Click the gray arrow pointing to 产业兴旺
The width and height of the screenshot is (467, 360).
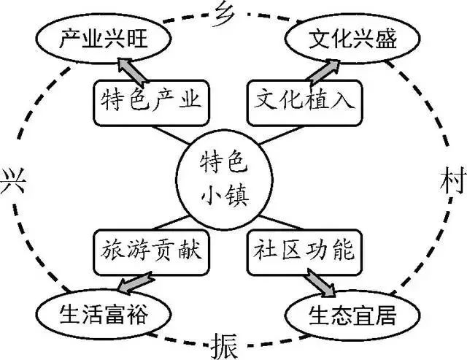120,69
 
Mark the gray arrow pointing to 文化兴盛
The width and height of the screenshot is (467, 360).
323,70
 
